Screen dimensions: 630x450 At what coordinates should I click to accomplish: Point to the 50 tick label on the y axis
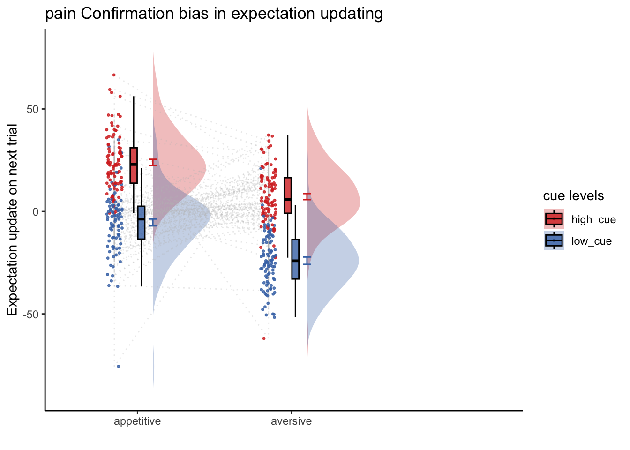pyautogui.click(x=32, y=109)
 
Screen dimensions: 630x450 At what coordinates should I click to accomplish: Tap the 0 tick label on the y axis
pyautogui.click(x=36, y=212)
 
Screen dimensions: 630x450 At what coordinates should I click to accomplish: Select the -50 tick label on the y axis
pyautogui.click(x=30, y=315)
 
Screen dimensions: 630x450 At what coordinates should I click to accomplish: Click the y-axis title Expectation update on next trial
pyautogui.click(x=12, y=220)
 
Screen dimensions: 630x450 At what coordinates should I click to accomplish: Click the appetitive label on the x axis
pyautogui.click(x=137, y=421)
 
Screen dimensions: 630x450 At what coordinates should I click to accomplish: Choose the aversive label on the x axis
pyautogui.click(x=292, y=421)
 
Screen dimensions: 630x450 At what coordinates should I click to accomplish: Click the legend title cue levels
pyautogui.click(x=573, y=196)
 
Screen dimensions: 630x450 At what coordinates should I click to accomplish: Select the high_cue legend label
pyautogui.click(x=594, y=219)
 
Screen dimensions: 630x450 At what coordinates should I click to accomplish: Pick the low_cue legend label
pyautogui.click(x=592, y=241)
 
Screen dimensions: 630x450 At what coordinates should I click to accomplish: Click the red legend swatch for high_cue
pyautogui.click(x=554, y=219)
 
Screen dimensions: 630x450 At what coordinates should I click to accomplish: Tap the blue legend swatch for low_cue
pyautogui.click(x=554, y=240)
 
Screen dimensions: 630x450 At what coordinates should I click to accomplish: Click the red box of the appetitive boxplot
pyautogui.click(x=134, y=165)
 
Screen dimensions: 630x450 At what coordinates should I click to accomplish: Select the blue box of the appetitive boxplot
pyautogui.click(x=141, y=223)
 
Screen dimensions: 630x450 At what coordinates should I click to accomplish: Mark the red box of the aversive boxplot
pyautogui.click(x=287, y=195)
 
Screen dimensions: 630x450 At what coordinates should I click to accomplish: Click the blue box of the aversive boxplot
pyautogui.click(x=295, y=259)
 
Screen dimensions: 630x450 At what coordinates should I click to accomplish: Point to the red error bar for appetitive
pyautogui.click(x=153, y=162)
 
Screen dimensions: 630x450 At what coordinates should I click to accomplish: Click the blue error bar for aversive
pyautogui.click(x=307, y=261)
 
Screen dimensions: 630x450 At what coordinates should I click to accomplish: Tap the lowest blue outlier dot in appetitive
pyautogui.click(x=119, y=366)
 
